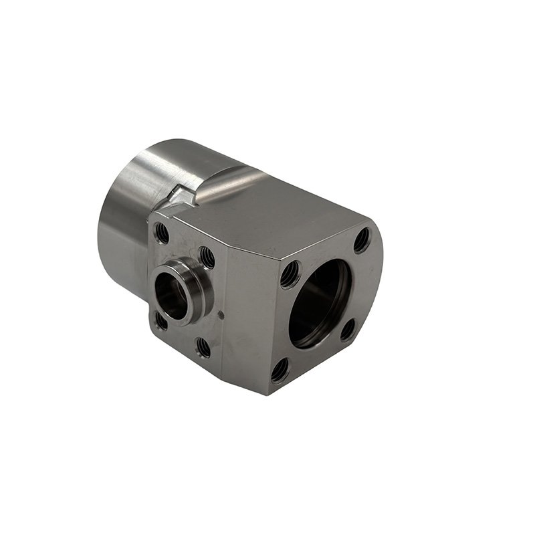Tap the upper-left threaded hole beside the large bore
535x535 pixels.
pyautogui.click(x=290, y=273)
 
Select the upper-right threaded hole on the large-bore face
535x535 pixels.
pyautogui.click(x=361, y=240)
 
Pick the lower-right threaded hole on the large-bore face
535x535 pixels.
pyautogui.click(x=348, y=329)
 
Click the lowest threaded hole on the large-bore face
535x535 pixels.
pyautogui.click(x=280, y=369)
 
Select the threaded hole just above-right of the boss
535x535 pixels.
pyautogui.click(x=207, y=256)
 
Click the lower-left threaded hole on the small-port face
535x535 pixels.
pyautogui.click(x=161, y=321)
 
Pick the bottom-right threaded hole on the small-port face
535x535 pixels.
pyautogui.click(x=203, y=346)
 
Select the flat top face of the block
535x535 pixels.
pyautogui.click(x=267, y=214)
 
